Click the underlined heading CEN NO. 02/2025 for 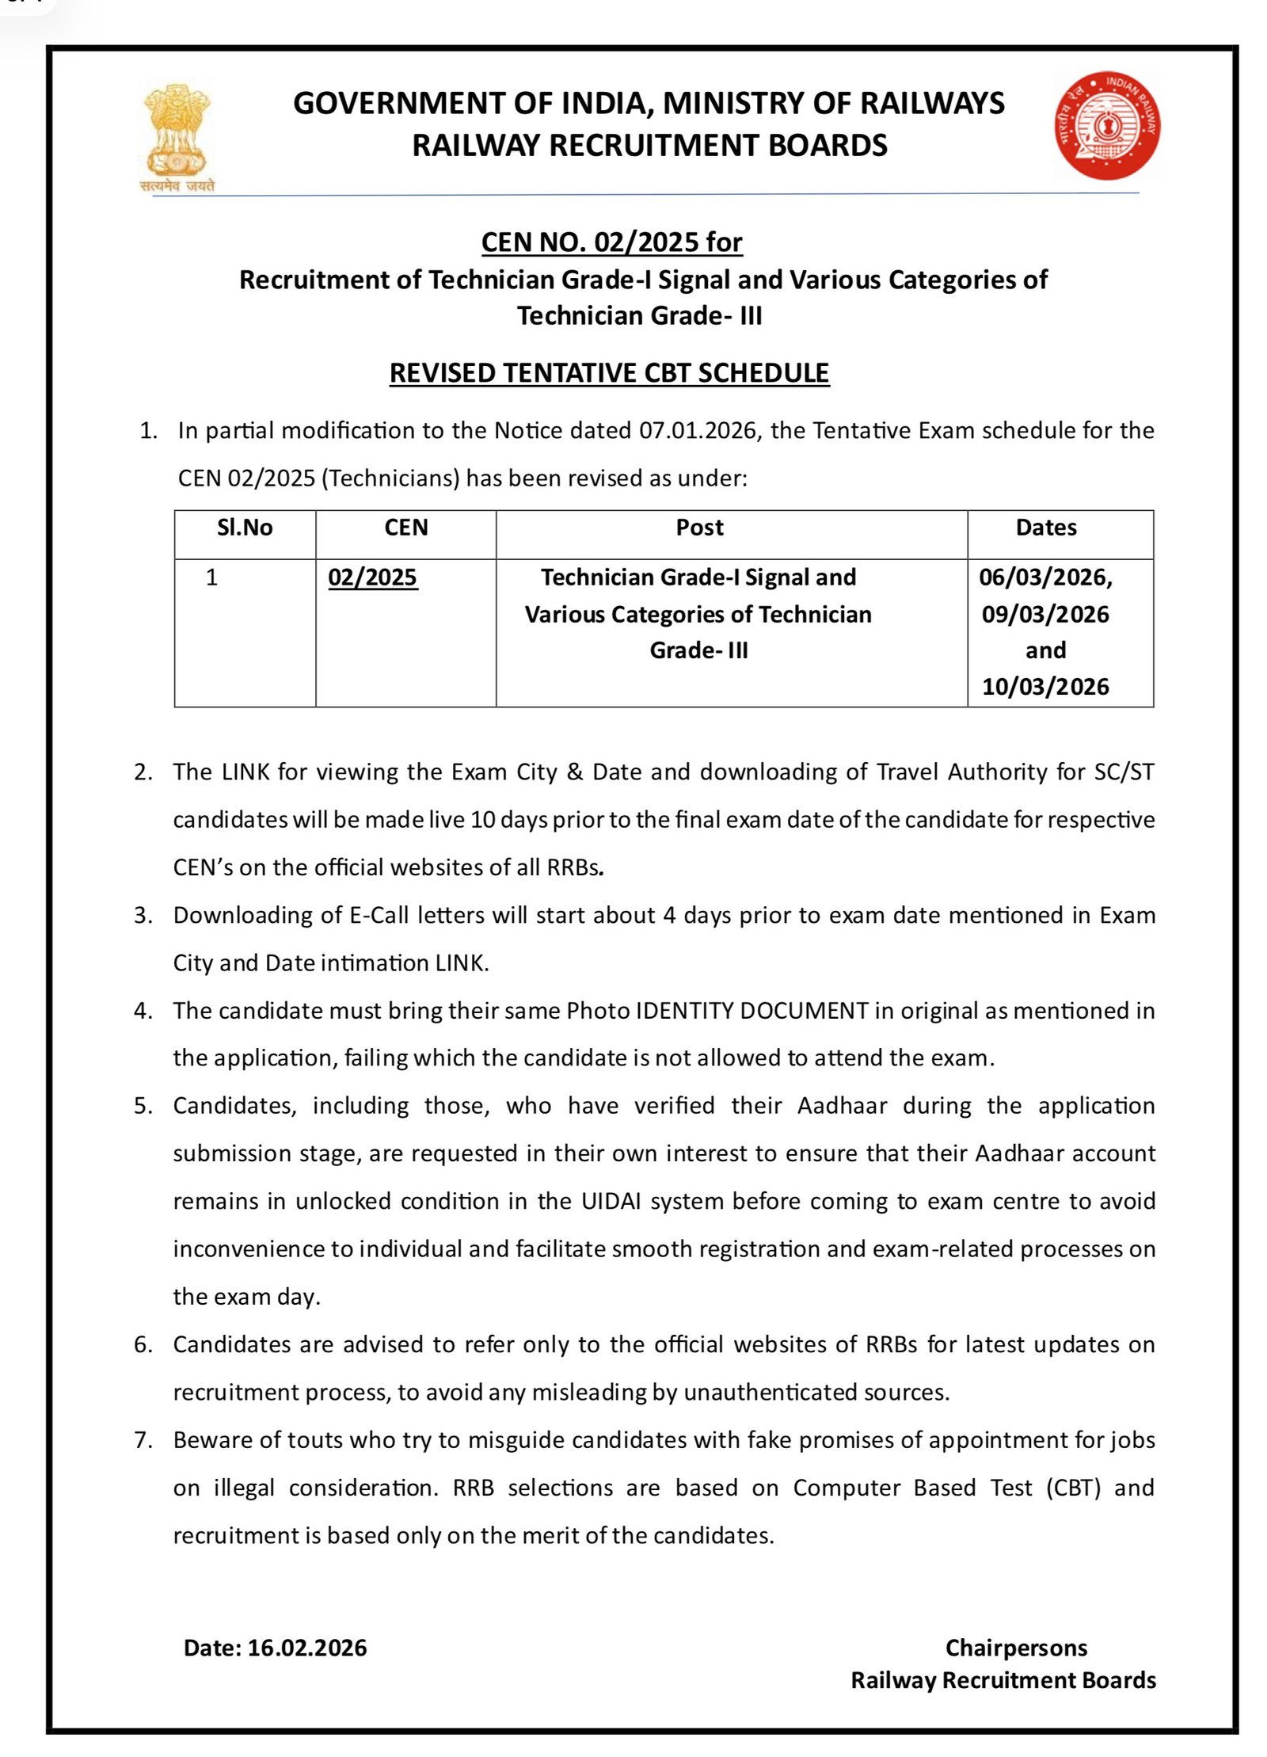(611, 242)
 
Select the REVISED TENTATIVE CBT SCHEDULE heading (609, 372)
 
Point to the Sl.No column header (245, 528)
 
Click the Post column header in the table (699, 528)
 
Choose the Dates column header (1045, 528)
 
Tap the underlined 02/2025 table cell (372, 577)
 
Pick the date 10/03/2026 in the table (1045, 686)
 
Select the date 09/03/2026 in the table (1045, 614)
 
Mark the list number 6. (143, 1344)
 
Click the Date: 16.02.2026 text (275, 1648)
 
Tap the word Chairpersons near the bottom (1015, 1648)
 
